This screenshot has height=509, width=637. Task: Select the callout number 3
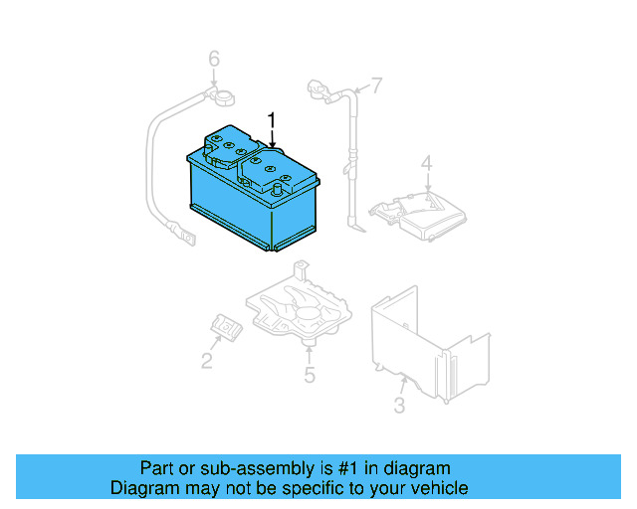pos(399,406)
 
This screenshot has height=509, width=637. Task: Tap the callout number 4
pos(426,163)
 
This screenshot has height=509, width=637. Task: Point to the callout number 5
pos(310,375)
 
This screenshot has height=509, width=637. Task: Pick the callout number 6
pos(213,61)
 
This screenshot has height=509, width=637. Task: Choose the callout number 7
pos(376,85)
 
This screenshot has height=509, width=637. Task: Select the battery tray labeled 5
pos(299,308)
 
